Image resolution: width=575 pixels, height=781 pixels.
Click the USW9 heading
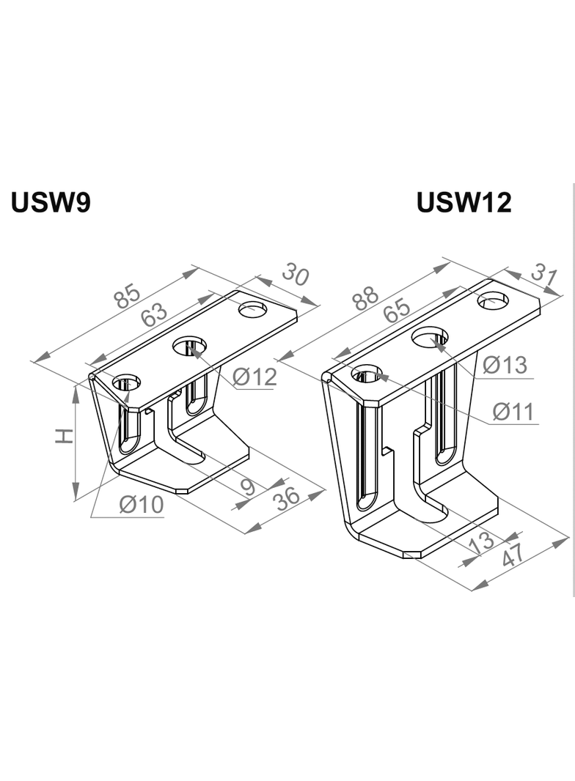pyautogui.click(x=51, y=202)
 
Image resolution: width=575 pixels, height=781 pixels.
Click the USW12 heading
pyautogui.click(x=464, y=202)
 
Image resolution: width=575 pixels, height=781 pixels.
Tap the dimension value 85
pyautogui.click(x=128, y=296)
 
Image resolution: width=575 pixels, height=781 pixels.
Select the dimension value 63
pyautogui.click(x=155, y=315)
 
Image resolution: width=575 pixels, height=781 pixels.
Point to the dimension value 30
pyautogui.click(x=295, y=275)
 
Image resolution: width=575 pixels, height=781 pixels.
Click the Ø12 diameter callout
pyautogui.click(x=254, y=377)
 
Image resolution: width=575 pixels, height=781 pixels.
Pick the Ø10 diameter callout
pyautogui.click(x=142, y=505)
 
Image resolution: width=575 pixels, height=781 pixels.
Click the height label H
pyautogui.click(x=65, y=437)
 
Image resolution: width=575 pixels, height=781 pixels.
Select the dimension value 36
pyautogui.click(x=287, y=497)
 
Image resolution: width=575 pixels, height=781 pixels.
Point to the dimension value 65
pyautogui.click(x=396, y=310)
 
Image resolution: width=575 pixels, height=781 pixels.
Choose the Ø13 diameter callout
pyautogui.click(x=505, y=364)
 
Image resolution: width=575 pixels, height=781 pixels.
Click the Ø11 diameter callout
pyautogui.click(x=514, y=412)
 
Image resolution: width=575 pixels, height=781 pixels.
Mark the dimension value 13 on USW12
pyautogui.click(x=481, y=543)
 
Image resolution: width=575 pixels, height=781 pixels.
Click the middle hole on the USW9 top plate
pyautogui.click(x=189, y=346)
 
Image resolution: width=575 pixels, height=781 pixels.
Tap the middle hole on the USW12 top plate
pyautogui.click(x=430, y=338)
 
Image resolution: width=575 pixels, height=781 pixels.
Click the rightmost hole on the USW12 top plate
pyautogui.click(x=493, y=300)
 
